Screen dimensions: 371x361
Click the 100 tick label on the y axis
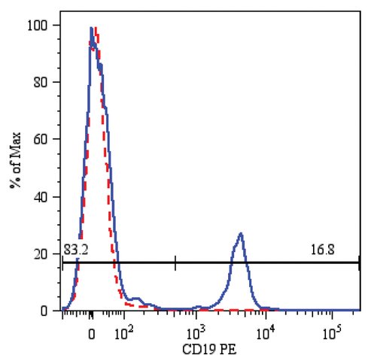[37, 26]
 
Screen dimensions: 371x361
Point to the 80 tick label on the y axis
[41, 83]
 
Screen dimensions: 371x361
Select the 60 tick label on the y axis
[41, 139]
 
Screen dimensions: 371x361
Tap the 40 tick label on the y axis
[41, 197]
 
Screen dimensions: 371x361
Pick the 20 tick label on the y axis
[41, 254]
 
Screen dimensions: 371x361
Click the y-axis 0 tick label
[44, 311]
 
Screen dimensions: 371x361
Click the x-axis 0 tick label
[92, 335]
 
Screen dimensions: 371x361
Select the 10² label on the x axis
[123, 332]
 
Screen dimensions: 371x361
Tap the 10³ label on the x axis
[196, 332]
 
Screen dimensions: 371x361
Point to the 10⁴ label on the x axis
[266, 332]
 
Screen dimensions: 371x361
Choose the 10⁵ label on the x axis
[332, 332]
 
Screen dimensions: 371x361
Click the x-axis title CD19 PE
[209, 350]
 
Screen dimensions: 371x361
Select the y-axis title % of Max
[16, 160]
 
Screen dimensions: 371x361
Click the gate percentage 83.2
[75, 250]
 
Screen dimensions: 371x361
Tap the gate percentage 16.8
[322, 250]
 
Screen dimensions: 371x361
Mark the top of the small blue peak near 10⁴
[241, 233]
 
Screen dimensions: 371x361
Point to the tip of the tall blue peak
[91, 28]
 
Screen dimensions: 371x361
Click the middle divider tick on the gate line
[175, 263]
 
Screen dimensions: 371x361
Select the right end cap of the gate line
[359, 263]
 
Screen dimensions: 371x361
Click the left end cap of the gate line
[62, 263]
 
